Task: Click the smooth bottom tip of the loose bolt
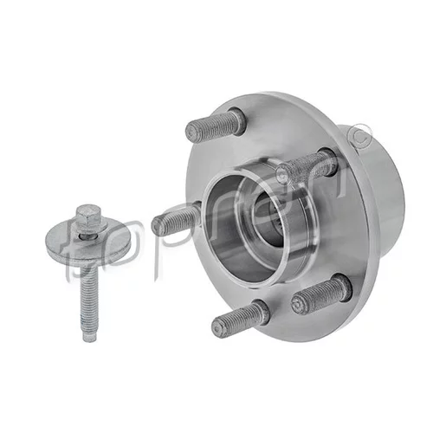click(88, 335)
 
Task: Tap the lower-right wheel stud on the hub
click(322, 293)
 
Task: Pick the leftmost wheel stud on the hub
click(176, 221)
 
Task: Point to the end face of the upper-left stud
click(193, 132)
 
